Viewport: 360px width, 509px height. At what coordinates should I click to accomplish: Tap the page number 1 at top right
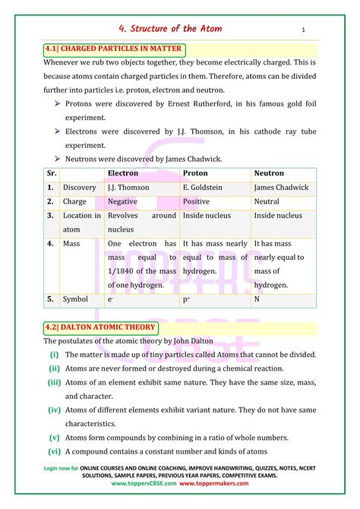303,30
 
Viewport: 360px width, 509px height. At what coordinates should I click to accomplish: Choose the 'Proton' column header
196,173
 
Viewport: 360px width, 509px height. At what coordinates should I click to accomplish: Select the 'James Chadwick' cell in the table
281,188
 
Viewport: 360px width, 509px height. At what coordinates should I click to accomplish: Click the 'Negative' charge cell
122,202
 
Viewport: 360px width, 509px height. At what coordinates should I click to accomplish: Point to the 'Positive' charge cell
196,202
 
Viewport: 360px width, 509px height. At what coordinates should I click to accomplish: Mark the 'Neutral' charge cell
267,202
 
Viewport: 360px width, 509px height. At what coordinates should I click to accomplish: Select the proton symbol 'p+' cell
187,299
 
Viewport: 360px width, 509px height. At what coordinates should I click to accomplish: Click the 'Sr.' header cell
51,173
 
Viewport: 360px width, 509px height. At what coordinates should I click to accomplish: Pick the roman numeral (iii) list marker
53,382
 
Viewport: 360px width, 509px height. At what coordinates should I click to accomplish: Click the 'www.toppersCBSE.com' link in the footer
147,483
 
